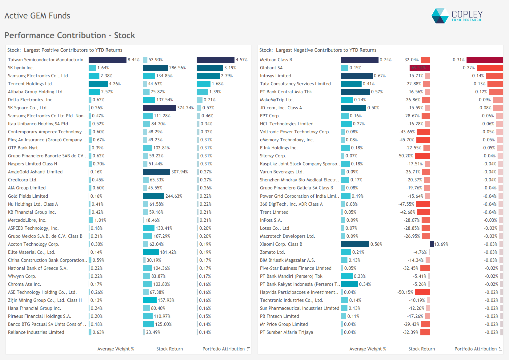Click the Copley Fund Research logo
pos(457,16)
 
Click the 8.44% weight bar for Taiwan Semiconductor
pos(107,60)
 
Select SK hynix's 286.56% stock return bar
pos(155,68)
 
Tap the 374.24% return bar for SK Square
pos(159,108)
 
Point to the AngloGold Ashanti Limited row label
pos(35,172)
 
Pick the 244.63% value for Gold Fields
pos(174,196)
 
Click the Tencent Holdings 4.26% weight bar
pos(98,84)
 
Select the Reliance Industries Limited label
pos(36,332)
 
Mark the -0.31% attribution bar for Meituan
pos(484,60)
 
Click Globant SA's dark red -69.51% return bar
pos(419,68)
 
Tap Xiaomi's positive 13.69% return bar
pos(432,244)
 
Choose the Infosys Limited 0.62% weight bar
pos(356,76)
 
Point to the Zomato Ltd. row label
pos(273,252)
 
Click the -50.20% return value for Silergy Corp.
pos(405,156)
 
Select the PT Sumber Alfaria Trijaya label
pos(287,332)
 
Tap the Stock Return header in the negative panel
pos(421,349)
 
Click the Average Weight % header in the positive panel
pos(116,349)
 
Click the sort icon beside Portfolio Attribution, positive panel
pos(248,349)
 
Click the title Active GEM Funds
pos(37,16)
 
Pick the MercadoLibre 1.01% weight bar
pos(91,220)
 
